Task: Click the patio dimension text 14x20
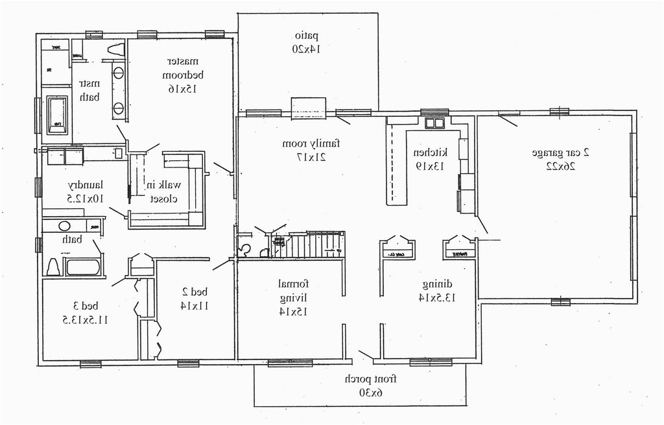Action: click(x=307, y=48)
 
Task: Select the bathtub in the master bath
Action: click(x=56, y=115)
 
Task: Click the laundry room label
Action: click(x=86, y=185)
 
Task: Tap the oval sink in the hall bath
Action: click(x=64, y=226)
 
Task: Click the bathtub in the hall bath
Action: click(x=83, y=267)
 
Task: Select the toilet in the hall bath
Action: click(x=53, y=266)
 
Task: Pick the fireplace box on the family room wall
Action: click(x=308, y=108)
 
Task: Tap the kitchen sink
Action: click(x=434, y=123)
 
